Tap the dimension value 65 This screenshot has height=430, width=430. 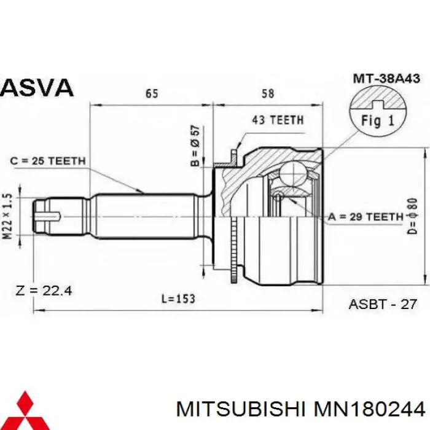click(152, 93)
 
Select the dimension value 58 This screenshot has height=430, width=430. click(267, 93)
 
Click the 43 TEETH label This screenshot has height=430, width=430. click(277, 120)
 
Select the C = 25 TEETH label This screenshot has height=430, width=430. click(48, 161)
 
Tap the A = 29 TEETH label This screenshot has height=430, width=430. click(366, 216)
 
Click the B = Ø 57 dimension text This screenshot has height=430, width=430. click(195, 146)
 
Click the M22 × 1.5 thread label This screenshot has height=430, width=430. click(8, 216)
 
